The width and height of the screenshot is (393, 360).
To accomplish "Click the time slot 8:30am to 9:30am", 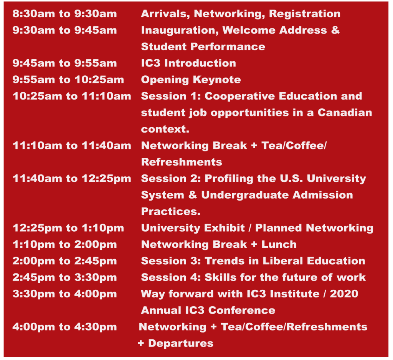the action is click(x=64, y=14).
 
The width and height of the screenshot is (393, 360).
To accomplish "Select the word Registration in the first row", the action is click(x=305, y=14).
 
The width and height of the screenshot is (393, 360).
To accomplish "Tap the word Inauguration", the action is click(x=180, y=31).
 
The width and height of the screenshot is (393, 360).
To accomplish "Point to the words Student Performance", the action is click(x=203, y=46).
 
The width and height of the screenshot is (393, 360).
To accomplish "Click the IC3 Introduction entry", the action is click(x=188, y=63).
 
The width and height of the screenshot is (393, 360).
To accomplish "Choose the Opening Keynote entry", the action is click(x=191, y=80).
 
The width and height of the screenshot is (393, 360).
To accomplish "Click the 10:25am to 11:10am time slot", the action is click(x=72, y=96).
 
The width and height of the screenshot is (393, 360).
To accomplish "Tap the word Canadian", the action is click(x=345, y=113).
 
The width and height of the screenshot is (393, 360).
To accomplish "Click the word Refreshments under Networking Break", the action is click(x=182, y=162).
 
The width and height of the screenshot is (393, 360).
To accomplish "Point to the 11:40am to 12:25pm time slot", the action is click(x=72, y=179).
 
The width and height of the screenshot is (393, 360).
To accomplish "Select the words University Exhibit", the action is click(x=193, y=228).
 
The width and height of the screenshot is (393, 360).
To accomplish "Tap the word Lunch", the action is click(x=279, y=245).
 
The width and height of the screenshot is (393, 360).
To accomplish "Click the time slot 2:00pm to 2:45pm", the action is click(x=64, y=261).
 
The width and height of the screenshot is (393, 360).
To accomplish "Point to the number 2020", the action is click(x=344, y=294).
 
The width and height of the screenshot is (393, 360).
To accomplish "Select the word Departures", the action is click(x=181, y=343).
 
